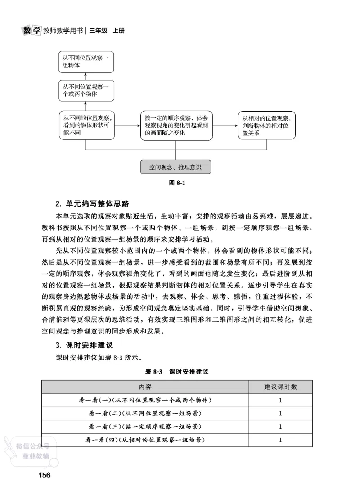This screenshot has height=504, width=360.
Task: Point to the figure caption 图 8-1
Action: coord(176,184)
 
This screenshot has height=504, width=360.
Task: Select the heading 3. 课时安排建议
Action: coord(84,346)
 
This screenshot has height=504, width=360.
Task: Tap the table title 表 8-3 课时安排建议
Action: coord(177,372)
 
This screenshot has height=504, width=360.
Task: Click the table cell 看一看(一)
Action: coord(145,400)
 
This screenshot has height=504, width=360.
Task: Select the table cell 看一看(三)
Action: coord(145,426)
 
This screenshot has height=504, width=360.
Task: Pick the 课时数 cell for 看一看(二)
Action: coord(280,413)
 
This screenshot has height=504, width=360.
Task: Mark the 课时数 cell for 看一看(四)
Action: coord(280,440)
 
